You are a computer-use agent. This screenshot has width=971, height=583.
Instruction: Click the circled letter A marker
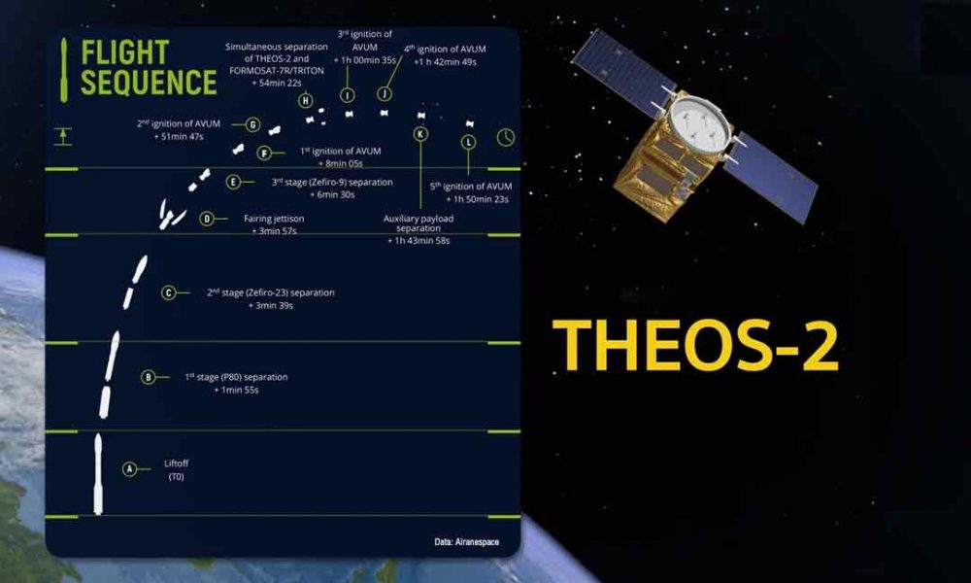129,469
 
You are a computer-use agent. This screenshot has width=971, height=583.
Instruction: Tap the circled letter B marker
148,377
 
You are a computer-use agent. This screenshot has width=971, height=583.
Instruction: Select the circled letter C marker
168,292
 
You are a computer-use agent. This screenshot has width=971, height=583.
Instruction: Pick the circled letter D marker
207,218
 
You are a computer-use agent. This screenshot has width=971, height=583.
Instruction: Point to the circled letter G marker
252,124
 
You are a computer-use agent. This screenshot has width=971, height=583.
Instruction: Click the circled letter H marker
305,100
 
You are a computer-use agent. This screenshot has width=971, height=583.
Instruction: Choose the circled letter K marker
420,134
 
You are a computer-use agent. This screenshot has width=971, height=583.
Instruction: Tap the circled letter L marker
469,143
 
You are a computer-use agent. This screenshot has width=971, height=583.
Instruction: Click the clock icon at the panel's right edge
506,137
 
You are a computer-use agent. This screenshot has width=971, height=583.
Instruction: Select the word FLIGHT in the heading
125,52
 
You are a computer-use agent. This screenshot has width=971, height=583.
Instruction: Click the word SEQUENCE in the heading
149,83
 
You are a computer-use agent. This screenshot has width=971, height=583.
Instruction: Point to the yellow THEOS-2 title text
695,345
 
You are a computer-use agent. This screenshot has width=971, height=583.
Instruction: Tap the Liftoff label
177,463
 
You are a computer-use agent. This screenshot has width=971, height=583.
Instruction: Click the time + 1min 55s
236,390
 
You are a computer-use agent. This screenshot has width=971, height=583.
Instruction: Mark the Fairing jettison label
274,218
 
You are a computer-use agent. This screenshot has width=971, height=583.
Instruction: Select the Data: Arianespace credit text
466,541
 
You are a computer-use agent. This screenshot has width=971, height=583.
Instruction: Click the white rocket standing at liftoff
98,474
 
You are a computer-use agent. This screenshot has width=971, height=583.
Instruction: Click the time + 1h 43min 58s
419,240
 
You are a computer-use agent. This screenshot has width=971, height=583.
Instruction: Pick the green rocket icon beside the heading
64,69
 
